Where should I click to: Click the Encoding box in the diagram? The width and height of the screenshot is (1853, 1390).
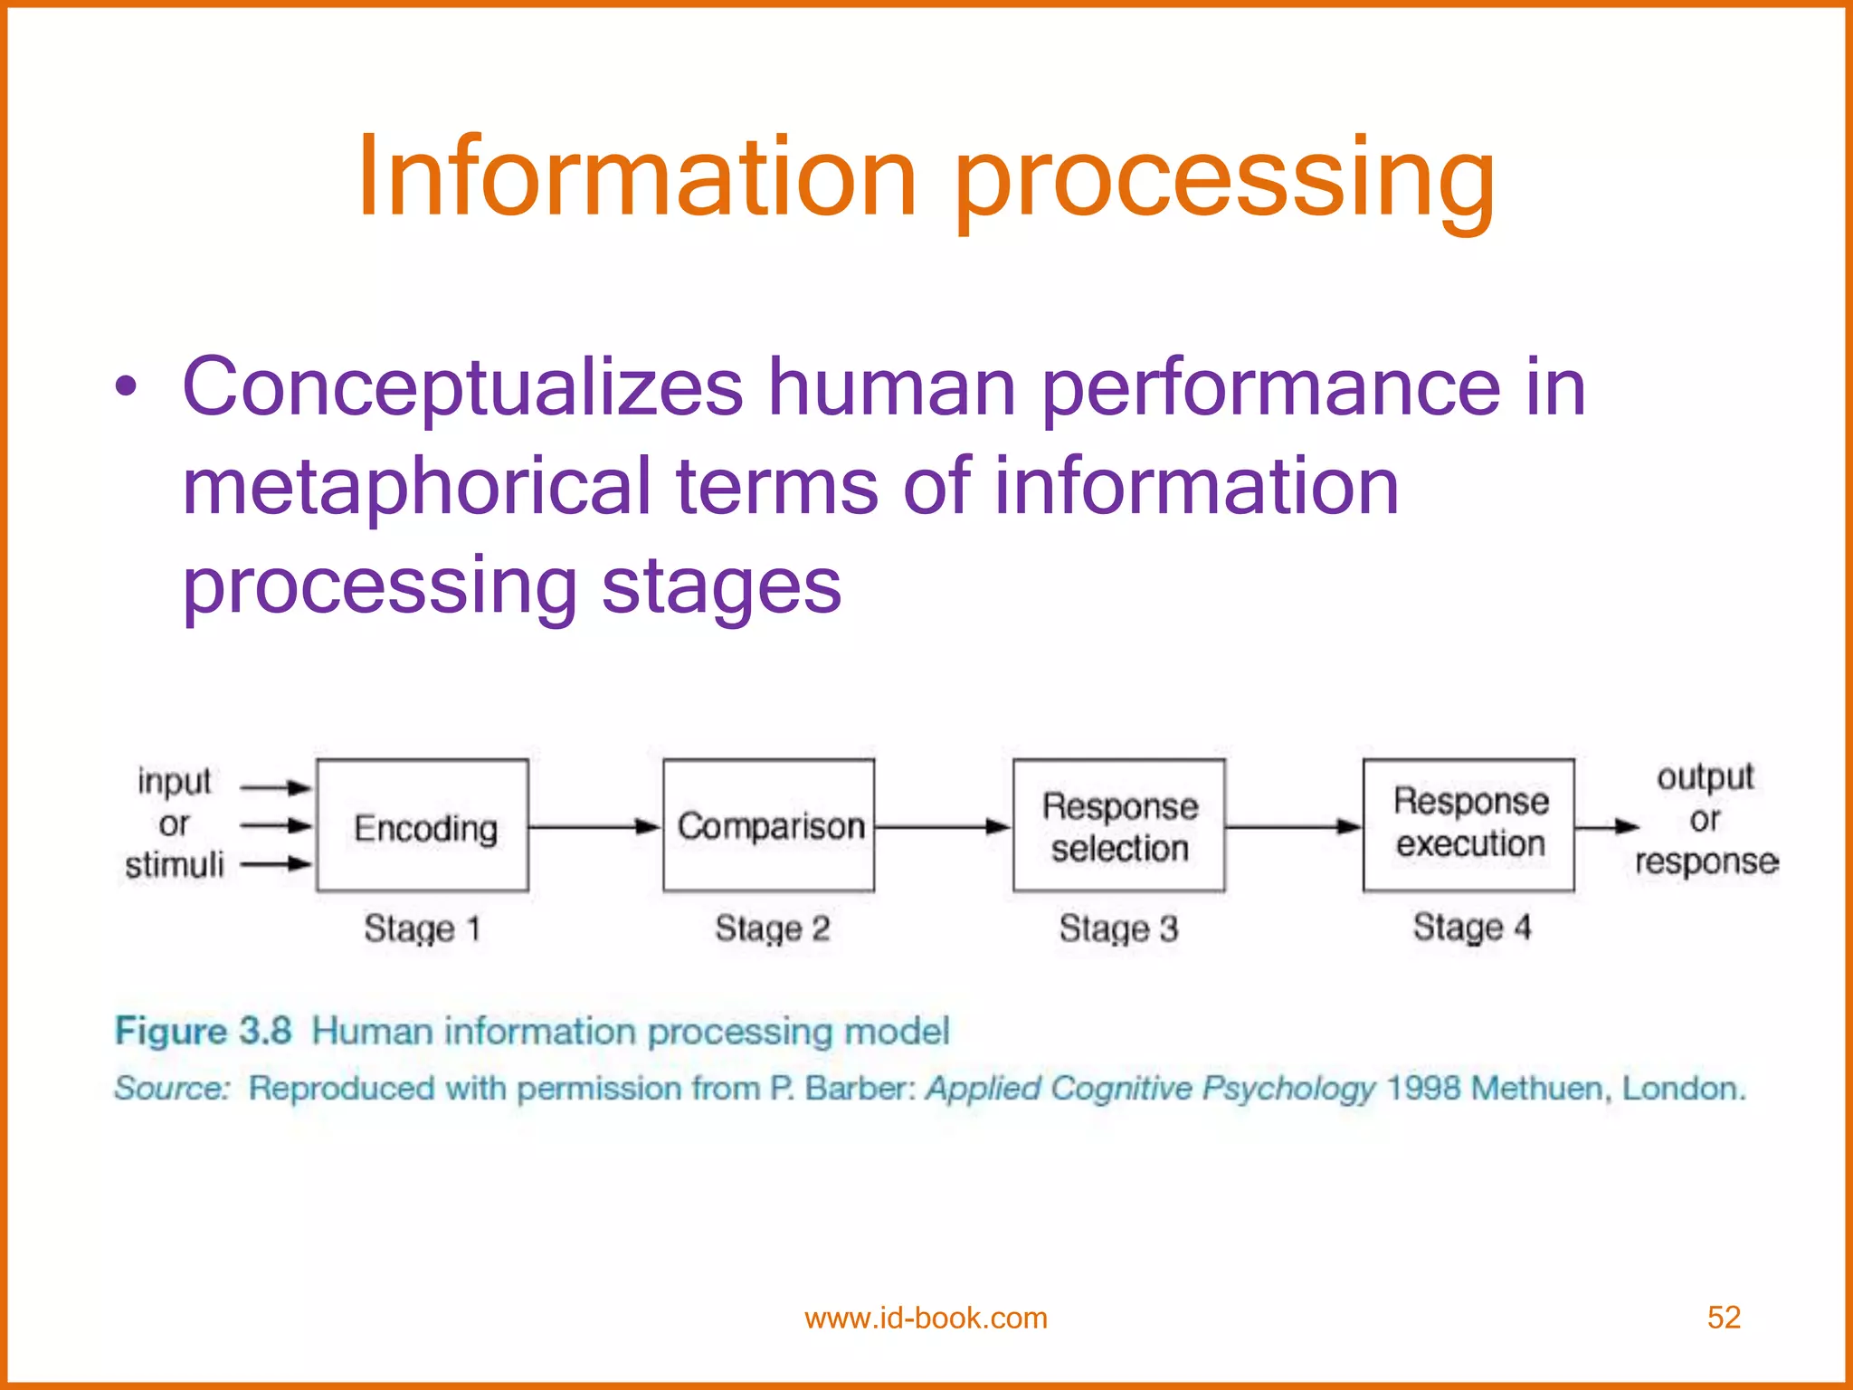pos(423,826)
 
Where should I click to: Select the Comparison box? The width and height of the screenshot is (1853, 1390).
pos(769,826)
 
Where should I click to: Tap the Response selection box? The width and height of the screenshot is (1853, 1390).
pos(1119,826)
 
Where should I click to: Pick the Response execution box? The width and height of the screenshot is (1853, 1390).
pos(1469,824)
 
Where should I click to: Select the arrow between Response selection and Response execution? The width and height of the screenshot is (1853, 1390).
pos(1293,826)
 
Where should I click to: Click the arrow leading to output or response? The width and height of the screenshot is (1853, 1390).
pos(1607,826)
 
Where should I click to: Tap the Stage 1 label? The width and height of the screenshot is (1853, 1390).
pos(422,928)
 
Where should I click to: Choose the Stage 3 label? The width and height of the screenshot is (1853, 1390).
pos(1119,928)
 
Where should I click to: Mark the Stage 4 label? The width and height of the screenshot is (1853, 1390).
pos(1472,927)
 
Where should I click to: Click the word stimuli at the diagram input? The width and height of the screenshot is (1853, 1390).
pos(175,865)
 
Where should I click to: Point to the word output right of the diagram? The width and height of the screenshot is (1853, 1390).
pos(1706,776)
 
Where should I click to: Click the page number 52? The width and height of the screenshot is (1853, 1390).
pos(1724,1317)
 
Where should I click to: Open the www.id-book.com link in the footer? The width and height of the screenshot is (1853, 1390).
pos(926,1318)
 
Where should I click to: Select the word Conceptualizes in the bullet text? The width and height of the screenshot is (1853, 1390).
pos(462,387)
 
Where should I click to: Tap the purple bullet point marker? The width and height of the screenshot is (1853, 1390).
pos(127,388)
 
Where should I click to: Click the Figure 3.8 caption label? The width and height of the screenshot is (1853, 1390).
pos(204,1031)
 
